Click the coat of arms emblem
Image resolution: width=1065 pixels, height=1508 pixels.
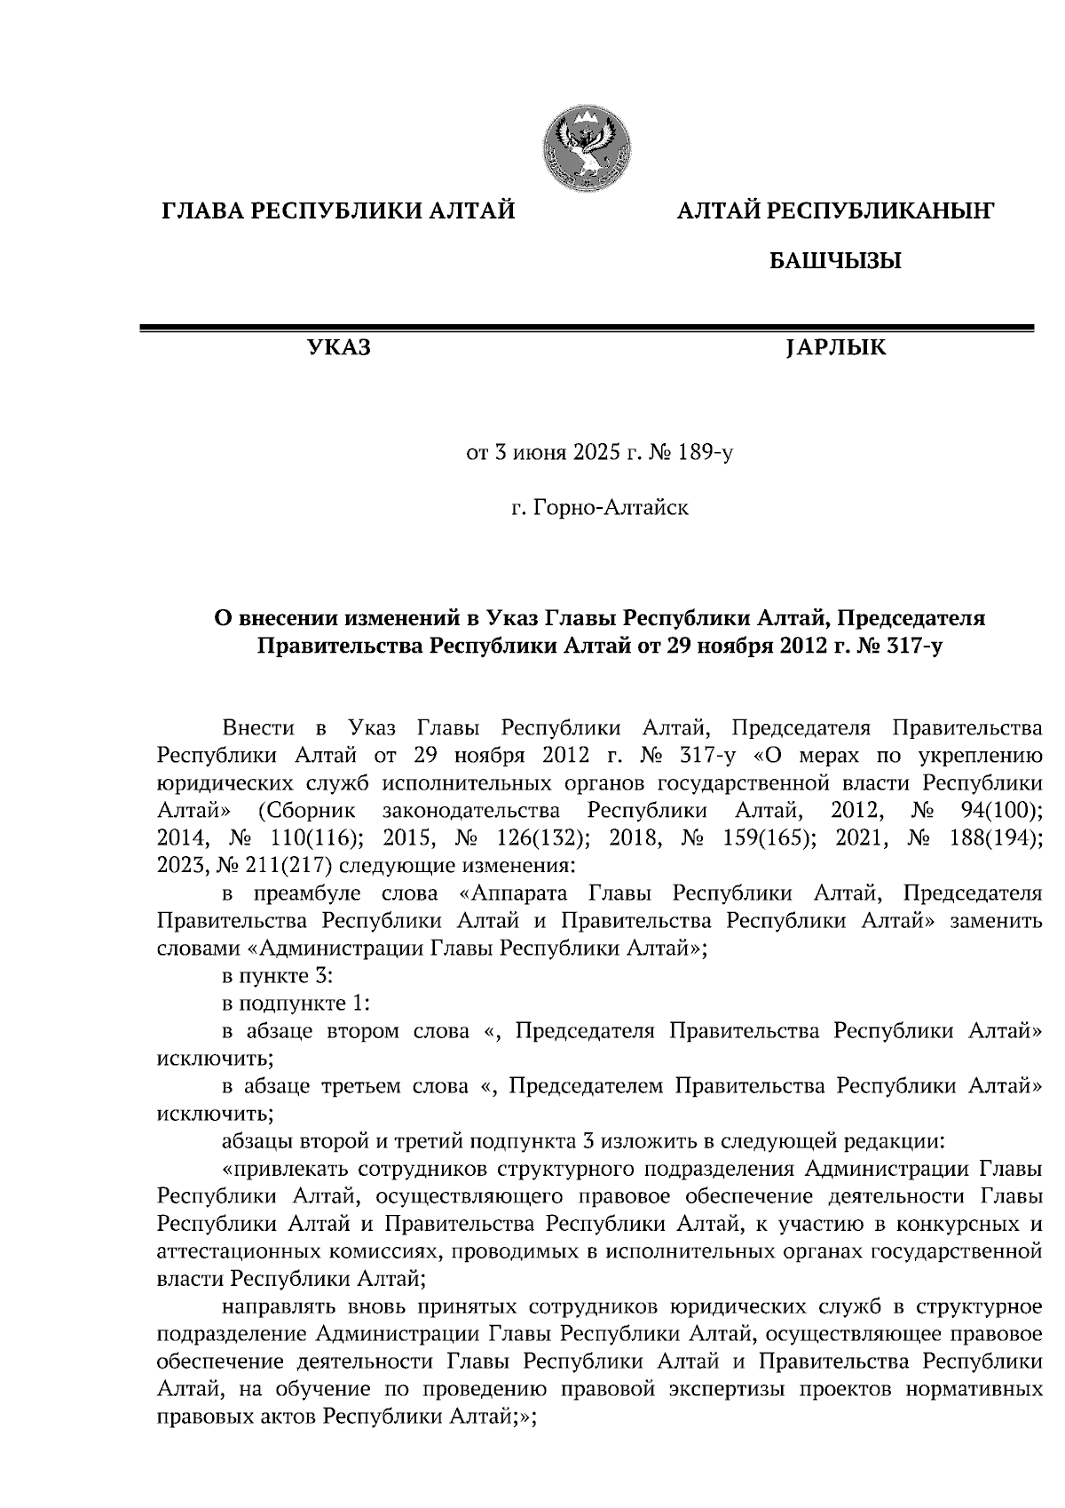pyautogui.click(x=586, y=147)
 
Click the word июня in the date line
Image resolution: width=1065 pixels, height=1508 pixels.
pyautogui.click(x=538, y=455)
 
